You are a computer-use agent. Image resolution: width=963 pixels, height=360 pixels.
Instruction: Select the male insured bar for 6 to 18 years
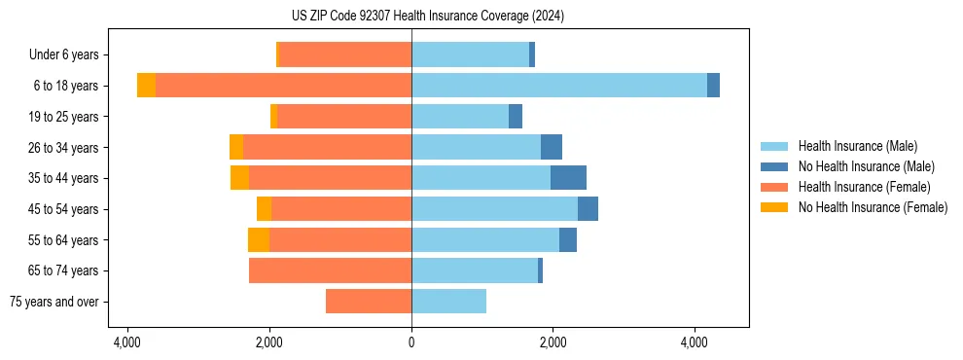tap(559, 86)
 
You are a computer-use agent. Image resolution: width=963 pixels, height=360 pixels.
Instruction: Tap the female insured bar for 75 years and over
tap(369, 302)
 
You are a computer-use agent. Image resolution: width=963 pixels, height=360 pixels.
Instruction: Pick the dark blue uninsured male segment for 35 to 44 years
tap(568, 178)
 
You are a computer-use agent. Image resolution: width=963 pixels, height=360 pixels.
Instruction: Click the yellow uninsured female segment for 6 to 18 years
tap(146, 86)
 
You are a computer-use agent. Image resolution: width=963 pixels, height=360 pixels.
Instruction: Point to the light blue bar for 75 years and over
tap(448, 302)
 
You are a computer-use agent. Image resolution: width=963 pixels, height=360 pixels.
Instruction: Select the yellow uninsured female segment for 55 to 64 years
tap(259, 240)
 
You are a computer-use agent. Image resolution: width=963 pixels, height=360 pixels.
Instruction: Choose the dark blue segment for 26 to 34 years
tap(552, 147)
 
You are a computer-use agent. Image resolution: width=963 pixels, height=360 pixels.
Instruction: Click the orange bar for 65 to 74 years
tap(331, 270)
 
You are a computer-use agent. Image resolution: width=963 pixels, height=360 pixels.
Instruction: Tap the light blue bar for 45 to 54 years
tap(494, 209)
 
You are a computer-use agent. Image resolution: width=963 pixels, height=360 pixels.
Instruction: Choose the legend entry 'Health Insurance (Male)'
tap(857, 146)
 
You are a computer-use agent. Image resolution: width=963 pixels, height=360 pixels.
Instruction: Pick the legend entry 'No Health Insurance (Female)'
tap(873, 207)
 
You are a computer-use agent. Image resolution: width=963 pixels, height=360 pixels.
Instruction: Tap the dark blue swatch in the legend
tap(774, 166)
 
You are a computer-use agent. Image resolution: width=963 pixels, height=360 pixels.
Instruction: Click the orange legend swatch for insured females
tap(774, 187)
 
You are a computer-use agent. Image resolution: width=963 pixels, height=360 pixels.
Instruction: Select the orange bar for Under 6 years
tap(345, 54)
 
